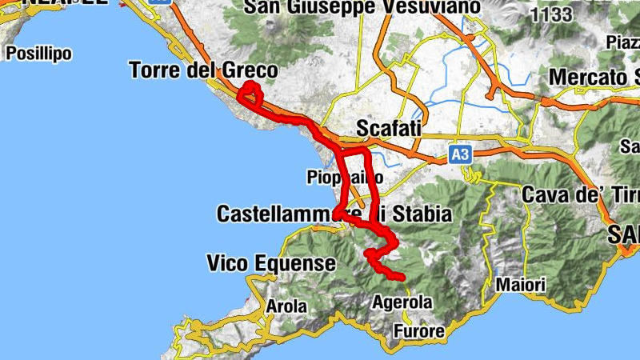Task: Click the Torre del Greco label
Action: coord(203,71)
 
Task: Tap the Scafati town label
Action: coord(388,129)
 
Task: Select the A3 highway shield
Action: coord(458,153)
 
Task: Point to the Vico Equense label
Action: coord(271,262)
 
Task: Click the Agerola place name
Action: coord(402,302)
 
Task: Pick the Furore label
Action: coord(418,330)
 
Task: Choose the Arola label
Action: coord(286,306)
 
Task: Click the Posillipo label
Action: coord(38,54)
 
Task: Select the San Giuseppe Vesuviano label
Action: coord(362,8)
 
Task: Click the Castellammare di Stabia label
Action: coord(334,214)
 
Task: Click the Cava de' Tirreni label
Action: coord(579,194)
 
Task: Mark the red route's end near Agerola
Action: coord(402,278)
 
